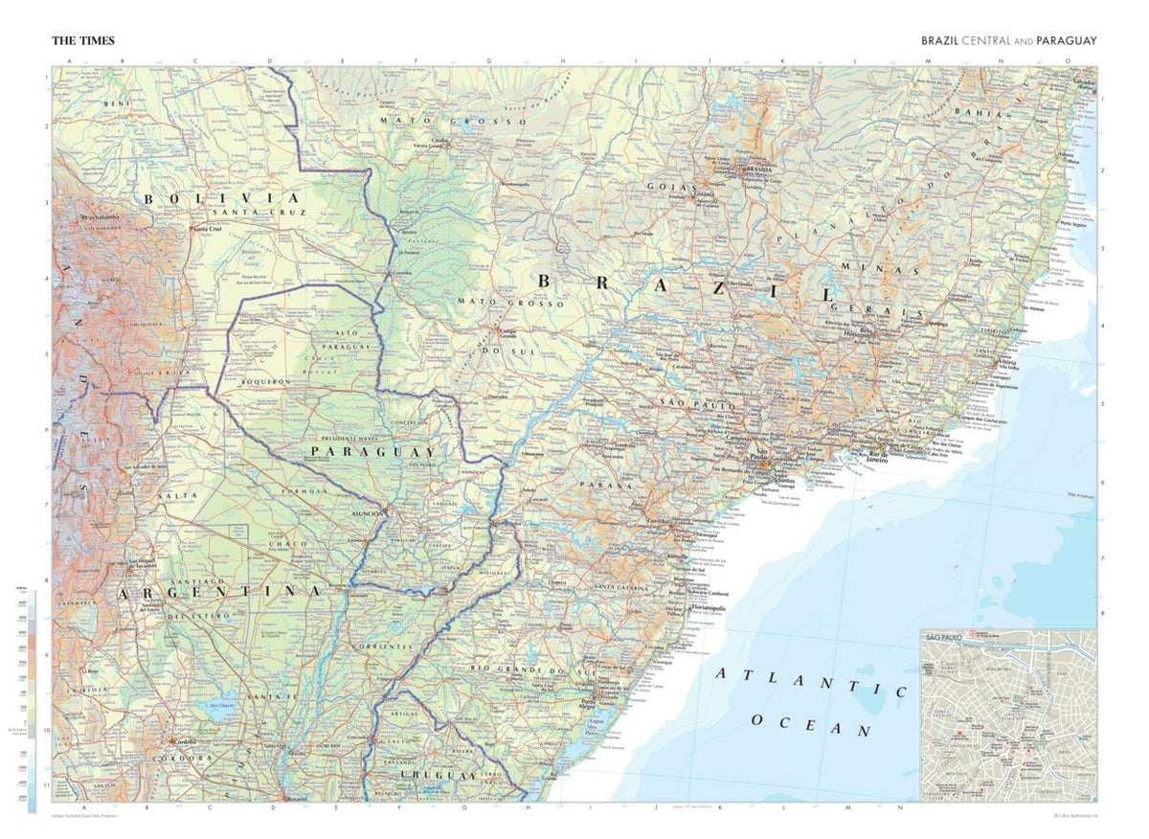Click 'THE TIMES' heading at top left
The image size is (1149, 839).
coord(83,41)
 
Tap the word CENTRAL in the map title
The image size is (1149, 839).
coord(983,41)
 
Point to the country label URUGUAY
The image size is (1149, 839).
coord(439,775)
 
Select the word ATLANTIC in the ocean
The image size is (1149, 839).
coord(812,682)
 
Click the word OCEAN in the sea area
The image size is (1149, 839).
coord(812,724)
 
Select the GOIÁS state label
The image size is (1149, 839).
coord(670,187)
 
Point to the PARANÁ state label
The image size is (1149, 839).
coord(605,486)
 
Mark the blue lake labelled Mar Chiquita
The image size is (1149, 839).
coord(220,710)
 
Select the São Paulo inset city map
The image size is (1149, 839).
coord(1008,715)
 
